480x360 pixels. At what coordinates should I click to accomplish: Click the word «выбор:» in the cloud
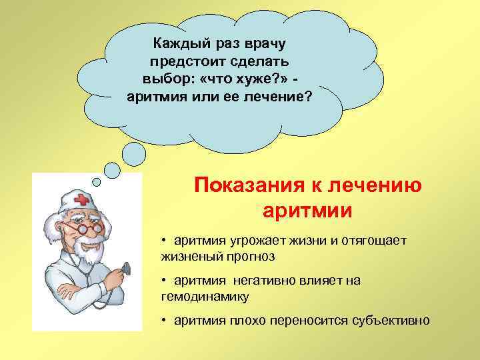pos(163,79)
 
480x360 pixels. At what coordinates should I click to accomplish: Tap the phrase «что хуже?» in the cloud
pos(238,79)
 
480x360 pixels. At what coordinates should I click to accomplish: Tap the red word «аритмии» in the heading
pos(307,210)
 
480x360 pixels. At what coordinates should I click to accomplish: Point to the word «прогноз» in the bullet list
pos(249,255)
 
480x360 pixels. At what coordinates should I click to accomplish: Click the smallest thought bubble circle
pos(97,181)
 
